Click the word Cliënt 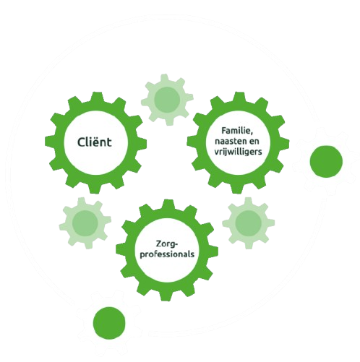(95, 142)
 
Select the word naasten (230, 141)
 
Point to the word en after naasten (253, 142)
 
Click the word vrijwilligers (238, 152)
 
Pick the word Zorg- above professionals (167, 244)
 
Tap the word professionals (167, 254)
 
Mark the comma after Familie (251, 134)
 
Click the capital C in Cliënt (81, 142)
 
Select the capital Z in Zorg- (158, 244)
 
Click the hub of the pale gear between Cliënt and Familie (167, 100)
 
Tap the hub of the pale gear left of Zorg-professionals (85, 223)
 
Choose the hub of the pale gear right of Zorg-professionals (249, 223)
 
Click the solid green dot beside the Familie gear (326, 162)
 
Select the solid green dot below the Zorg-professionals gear (109, 323)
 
